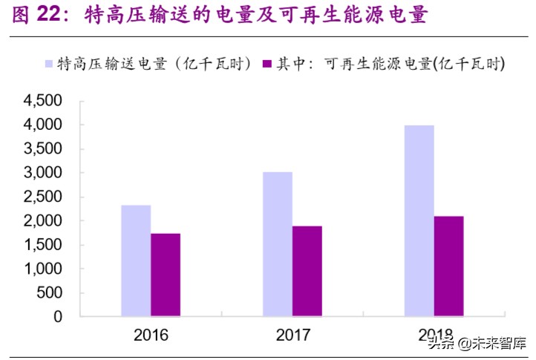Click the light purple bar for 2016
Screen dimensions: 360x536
click(x=136, y=261)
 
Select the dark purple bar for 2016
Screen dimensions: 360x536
click(x=165, y=275)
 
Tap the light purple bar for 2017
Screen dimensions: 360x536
click(x=278, y=244)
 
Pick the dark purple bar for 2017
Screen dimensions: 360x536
click(x=307, y=271)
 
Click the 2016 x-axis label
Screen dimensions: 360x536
click(x=151, y=336)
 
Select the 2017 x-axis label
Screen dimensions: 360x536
click(x=292, y=336)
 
